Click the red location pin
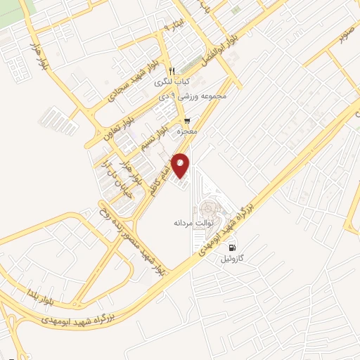pyautogui.click(x=181, y=165)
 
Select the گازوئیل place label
pyautogui.click(x=234, y=259)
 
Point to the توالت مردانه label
pyautogui.click(x=188, y=222)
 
